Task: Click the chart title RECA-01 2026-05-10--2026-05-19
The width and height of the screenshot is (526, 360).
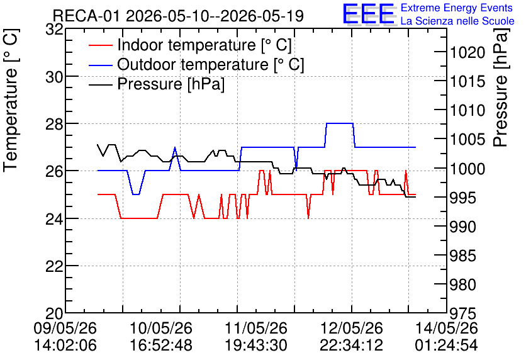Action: pos(178,16)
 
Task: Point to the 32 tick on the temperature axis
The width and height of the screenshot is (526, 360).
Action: pos(54,30)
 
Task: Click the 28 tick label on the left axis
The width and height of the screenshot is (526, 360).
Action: pos(54,124)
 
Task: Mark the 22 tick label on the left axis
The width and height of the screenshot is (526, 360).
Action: pos(54,266)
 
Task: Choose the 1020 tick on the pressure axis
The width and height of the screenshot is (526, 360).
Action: pos(467,53)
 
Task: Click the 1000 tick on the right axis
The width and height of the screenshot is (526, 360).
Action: pos(467,169)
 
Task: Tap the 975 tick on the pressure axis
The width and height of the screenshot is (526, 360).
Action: pos(463,314)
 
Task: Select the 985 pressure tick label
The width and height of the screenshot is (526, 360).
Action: pos(463,256)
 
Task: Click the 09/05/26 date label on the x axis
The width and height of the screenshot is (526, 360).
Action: pos(65,328)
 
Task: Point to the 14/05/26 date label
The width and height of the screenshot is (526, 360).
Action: pos(447,328)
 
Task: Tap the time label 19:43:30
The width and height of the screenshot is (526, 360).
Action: pos(256,346)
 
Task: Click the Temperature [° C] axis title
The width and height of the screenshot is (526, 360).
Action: pos(11,100)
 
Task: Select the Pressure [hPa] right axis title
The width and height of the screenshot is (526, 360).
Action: pos(501,87)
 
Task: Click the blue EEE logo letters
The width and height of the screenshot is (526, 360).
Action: pos(368,14)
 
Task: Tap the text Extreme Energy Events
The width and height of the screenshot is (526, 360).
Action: pos(457,8)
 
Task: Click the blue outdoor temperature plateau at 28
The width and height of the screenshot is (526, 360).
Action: pos(340,123)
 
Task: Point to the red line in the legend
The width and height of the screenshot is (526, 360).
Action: pos(100,45)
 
